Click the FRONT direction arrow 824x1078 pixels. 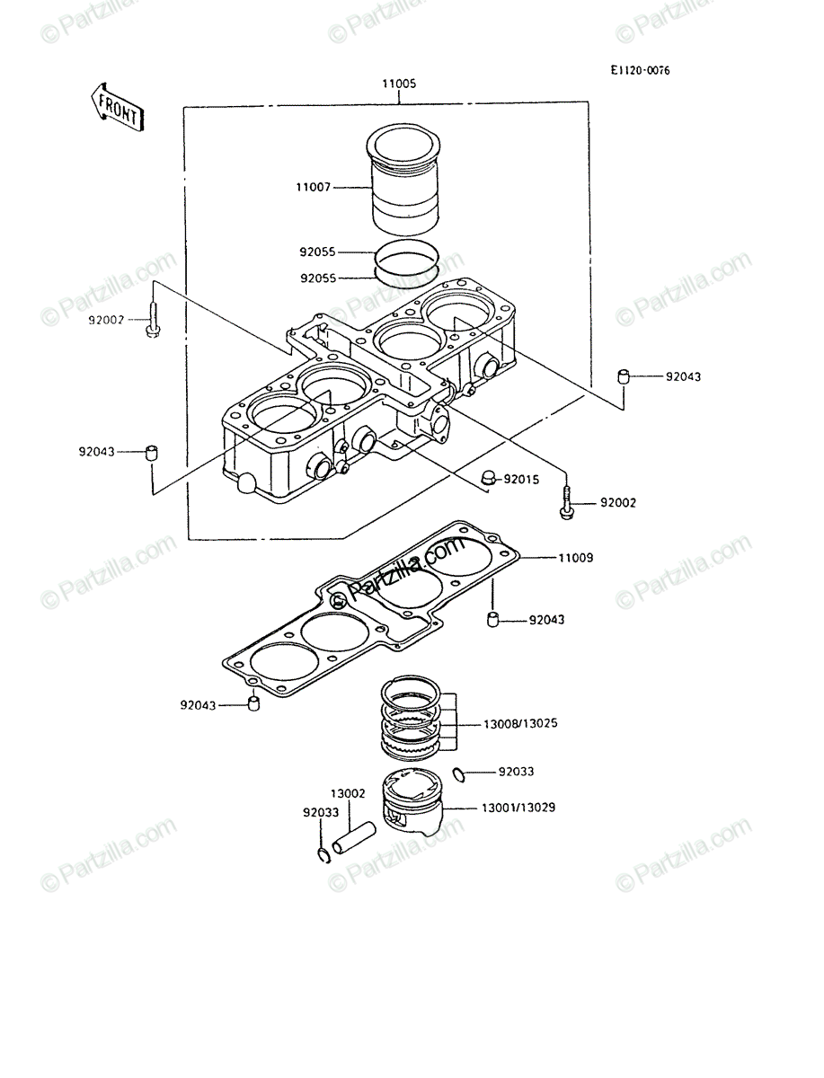click(117, 108)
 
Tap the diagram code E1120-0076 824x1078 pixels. click(640, 71)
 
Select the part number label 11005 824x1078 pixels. click(399, 84)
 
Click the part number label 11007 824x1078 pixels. click(314, 187)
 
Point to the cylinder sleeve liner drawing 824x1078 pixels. click(403, 180)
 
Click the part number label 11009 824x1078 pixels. click(575, 558)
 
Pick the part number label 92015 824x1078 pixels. click(521, 480)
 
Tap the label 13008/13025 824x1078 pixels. click(520, 723)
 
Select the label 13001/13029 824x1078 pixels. click(518, 808)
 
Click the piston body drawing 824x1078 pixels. click(412, 801)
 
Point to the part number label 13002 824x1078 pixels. click(348, 793)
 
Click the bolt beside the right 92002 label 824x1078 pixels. click(567, 503)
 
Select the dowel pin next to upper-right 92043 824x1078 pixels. click(624, 376)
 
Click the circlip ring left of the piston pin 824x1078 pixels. click(323, 855)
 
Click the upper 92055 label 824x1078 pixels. click(318, 252)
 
